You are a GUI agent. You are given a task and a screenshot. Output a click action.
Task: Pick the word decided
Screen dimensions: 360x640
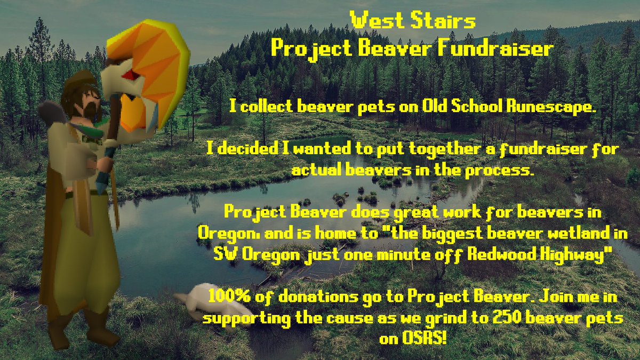tap(250, 151)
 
